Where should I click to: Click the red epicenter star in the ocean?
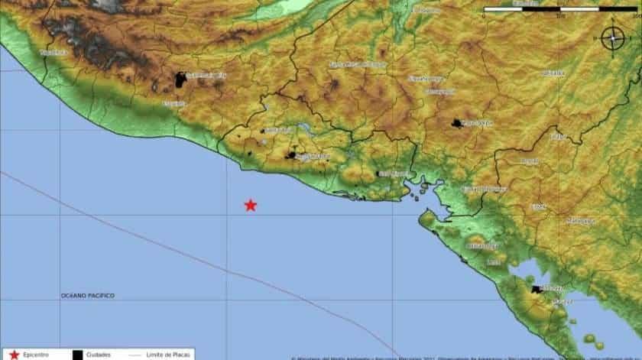(x=250, y=205)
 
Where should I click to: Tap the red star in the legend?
(x=14, y=355)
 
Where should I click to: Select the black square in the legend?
(x=78, y=355)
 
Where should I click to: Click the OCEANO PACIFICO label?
(x=88, y=295)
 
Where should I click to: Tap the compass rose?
(x=611, y=38)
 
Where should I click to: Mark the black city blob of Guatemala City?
(x=181, y=79)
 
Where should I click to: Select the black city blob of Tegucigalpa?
(x=457, y=124)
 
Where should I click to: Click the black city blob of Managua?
(x=537, y=290)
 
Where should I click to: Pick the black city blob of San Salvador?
(x=291, y=155)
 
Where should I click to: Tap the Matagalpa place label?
(x=580, y=221)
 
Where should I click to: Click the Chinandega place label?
(x=482, y=246)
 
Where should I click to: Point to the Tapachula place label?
(x=54, y=52)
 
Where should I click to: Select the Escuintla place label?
(x=173, y=104)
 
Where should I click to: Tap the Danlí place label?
(x=528, y=161)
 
